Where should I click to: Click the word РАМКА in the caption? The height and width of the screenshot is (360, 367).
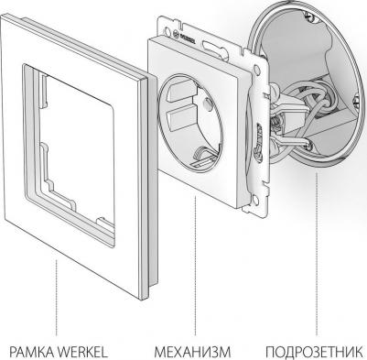(x=31, y=352)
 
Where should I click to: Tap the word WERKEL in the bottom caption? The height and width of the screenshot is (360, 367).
(x=82, y=352)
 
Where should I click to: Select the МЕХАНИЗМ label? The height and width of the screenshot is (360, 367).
(x=192, y=352)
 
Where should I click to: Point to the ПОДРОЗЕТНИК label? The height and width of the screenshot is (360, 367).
(x=314, y=352)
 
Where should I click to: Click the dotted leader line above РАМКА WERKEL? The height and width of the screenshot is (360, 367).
(x=57, y=298)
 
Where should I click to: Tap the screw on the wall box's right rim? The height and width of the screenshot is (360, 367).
(x=357, y=101)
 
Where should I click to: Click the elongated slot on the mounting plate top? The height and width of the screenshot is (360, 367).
(x=213, y=48)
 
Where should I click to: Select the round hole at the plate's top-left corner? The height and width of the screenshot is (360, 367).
(x=167, y=31)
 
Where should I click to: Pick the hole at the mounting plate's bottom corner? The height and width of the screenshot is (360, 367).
(x=254, y=200)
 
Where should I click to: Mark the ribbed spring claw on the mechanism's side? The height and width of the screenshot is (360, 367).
(x=259, y=140)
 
